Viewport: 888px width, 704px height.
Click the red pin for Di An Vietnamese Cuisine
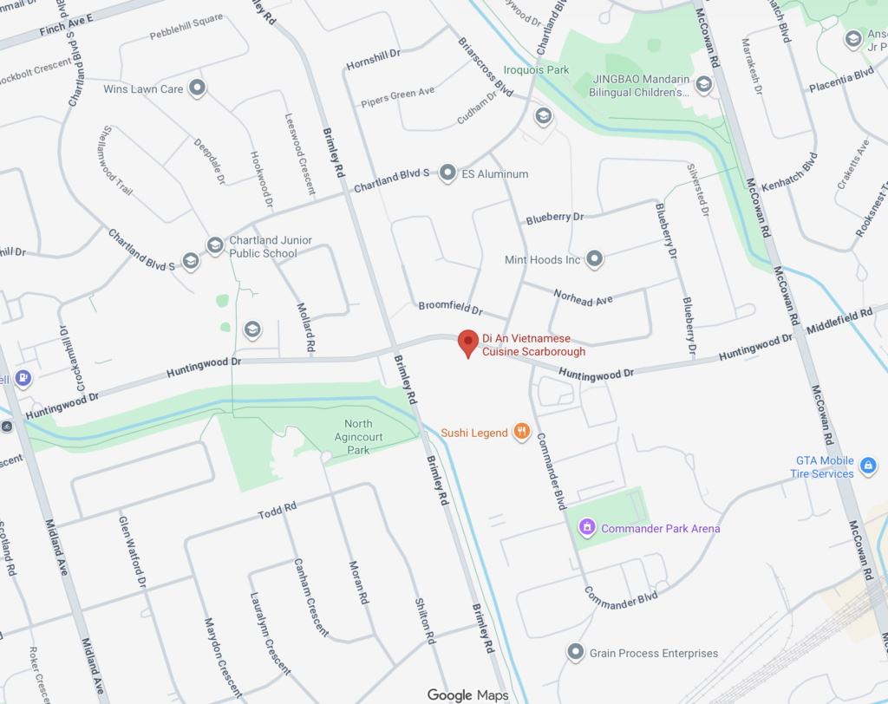468,342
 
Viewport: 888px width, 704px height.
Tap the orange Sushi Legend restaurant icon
521,432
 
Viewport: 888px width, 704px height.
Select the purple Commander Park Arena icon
586,527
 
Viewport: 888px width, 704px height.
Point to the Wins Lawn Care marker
198,88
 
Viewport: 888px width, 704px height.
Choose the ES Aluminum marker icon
447,173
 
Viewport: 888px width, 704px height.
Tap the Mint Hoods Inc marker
594,258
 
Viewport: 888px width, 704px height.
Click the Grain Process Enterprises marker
575,652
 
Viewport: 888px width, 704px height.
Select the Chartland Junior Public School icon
214,245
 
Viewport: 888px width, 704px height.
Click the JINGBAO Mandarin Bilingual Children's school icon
703,84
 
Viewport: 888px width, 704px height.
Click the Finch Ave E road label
53,32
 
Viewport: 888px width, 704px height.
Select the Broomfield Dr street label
450,308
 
